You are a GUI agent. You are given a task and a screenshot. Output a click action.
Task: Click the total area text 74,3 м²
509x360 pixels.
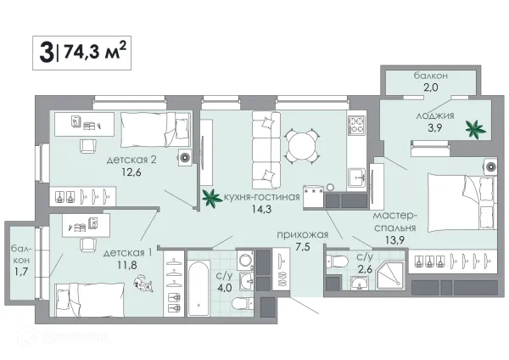95,52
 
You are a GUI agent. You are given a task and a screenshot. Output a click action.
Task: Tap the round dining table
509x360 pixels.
301,145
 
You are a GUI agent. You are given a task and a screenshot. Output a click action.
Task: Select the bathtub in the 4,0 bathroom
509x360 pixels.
198,288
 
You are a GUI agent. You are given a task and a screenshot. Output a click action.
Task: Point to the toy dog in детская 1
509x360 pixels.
143,283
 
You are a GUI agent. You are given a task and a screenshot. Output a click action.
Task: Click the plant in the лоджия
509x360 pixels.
476,129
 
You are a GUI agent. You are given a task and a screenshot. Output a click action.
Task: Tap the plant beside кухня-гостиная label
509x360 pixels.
212,198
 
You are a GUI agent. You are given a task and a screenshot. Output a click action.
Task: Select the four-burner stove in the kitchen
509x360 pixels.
356,126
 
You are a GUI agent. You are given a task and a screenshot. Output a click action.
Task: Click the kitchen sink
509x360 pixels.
357,178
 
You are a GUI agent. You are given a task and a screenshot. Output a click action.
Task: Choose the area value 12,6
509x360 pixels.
131,172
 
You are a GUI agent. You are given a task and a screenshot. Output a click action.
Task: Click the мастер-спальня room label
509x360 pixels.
395,222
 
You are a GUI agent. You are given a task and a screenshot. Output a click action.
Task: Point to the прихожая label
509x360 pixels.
303,234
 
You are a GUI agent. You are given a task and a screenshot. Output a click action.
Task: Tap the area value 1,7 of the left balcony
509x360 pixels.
20,272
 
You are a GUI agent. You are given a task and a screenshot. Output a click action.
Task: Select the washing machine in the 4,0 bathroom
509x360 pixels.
246,260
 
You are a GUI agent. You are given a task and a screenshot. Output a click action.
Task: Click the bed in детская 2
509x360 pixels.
155,130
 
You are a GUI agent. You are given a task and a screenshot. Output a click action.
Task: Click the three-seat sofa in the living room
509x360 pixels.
266,150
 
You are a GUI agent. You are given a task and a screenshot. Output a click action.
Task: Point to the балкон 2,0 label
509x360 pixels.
430,81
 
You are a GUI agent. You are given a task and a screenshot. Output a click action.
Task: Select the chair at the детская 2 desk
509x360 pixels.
88,146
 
